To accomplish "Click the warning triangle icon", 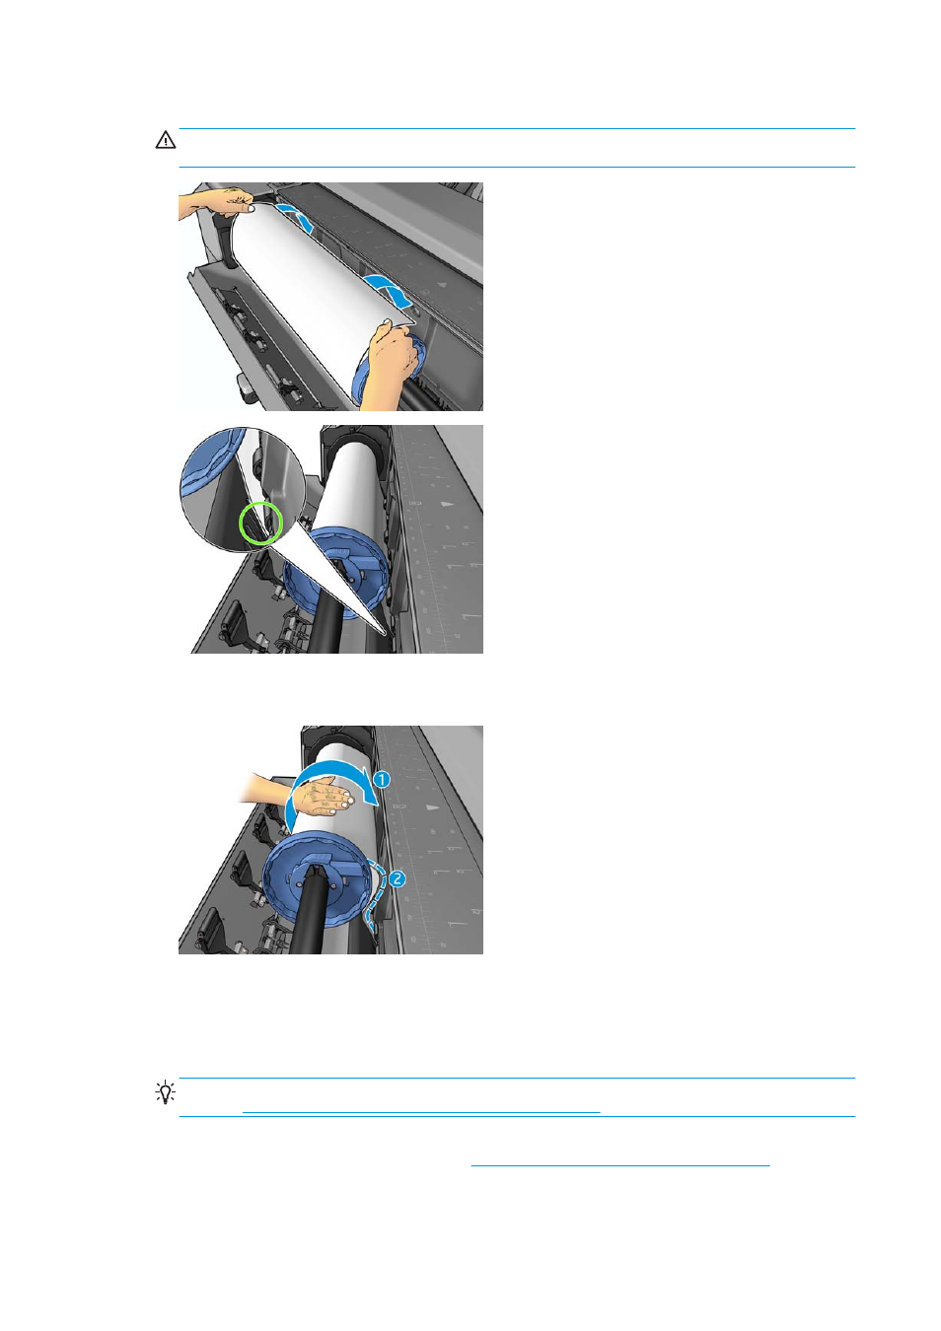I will click(166, 140).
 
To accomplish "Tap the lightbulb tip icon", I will click(166, 1092).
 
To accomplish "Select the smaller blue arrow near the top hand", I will click(295, 217).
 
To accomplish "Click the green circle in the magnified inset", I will click(260, 523).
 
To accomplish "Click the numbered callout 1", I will click(382, 779).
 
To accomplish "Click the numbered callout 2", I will click(397, 878).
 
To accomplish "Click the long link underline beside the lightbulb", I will click(420, 1112).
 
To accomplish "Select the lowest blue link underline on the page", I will click(619, 1165).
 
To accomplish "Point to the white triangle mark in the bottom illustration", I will click(431, 806).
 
